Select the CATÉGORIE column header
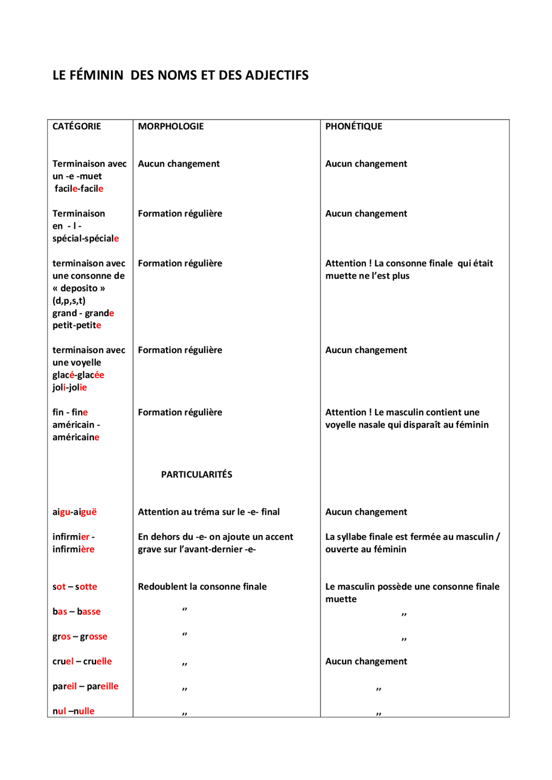76,126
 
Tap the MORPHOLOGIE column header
170,126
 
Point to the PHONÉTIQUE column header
353,126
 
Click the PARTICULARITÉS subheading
196,474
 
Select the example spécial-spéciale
85,238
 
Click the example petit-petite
76,325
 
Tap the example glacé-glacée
78,375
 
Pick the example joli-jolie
69,387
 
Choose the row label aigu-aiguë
74,512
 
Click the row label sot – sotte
75,586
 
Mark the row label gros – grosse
80,636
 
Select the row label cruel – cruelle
82,661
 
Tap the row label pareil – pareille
85,686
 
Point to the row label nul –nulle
73,711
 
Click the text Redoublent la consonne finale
202,586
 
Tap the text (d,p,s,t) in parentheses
69,301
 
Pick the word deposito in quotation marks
79,288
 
